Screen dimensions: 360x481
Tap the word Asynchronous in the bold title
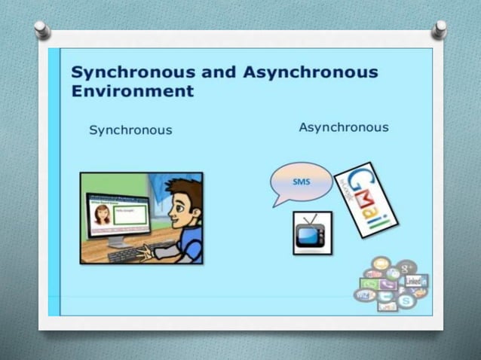311,73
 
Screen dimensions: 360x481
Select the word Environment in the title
132,92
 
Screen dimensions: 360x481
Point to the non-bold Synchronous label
130,130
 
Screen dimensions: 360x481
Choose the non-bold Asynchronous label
343,127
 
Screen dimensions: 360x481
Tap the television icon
311,233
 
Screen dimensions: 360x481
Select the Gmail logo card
366,200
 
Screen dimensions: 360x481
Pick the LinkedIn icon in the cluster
414,280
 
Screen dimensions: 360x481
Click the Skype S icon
407,301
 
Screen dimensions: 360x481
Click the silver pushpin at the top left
42,30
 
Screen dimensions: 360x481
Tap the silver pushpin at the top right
439,29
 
